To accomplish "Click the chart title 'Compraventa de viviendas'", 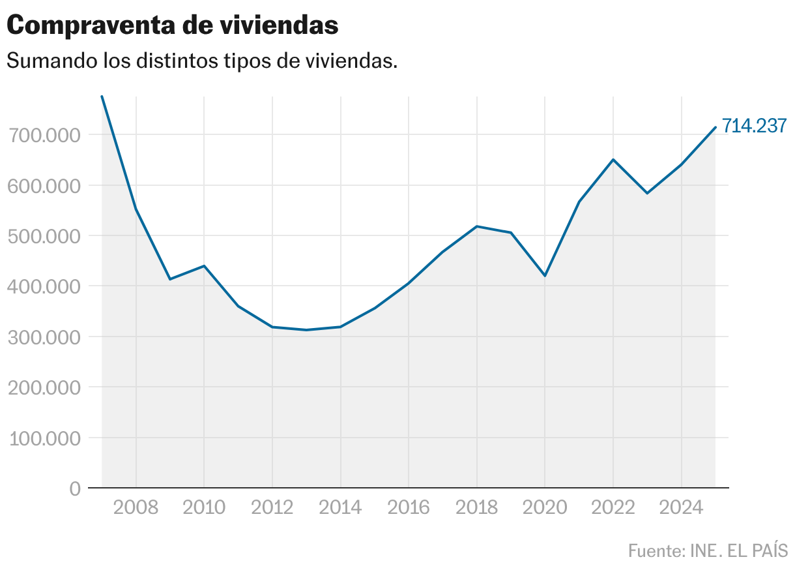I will click(x=173, y=25).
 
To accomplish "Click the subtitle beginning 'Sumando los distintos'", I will click(x=202, y=61).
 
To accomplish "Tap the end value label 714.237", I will click(x=755, y=126).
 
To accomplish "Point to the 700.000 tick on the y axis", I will click(x=44, y=135).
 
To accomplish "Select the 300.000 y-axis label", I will click(x=44, y=337).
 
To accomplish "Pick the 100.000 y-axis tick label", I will click(x=44, y=438).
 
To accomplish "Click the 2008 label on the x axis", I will click(x=136, y=507).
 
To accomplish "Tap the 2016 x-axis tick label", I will click(x=409, y=507).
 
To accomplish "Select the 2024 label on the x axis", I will click(x=681, y=507).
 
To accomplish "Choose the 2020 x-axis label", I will click(x=545, y=507).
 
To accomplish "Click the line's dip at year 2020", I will click(x=545, y=276).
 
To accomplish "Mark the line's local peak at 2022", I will click(x=613, y=160).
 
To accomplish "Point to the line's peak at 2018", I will click(x=477, y=226).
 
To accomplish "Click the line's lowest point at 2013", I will click(x=306, y=330).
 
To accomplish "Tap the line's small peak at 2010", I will click(x=204, y=266).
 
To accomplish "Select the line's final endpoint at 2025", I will click(x=715, y=127).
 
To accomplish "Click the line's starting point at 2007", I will click(x=102, y=97).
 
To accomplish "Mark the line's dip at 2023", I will click(x=647, y=193).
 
